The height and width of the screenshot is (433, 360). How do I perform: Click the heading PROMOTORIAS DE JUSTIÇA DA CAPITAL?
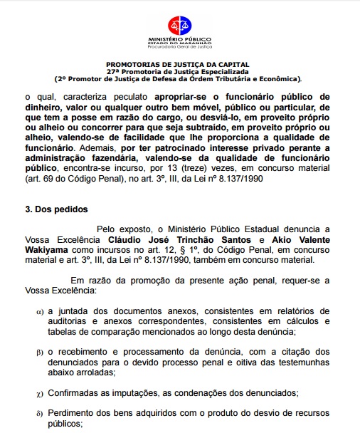coord(179,64)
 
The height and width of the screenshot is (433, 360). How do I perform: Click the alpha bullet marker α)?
coord(40,312)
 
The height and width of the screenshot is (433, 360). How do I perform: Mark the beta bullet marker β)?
coord(40,353)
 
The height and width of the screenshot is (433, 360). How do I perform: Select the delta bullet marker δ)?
coord(40,413)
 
